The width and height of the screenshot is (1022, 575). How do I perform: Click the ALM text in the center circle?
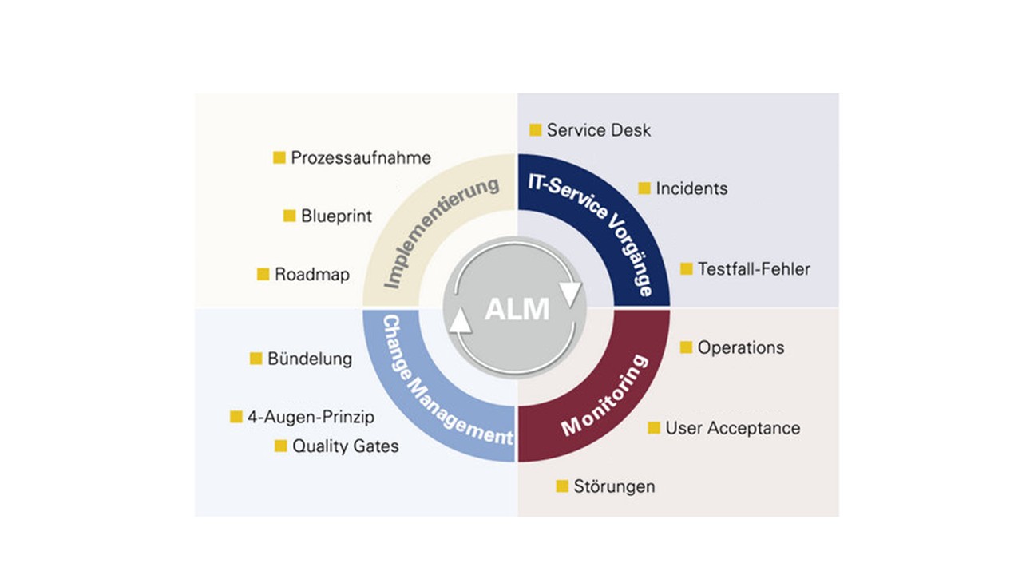point(517,308)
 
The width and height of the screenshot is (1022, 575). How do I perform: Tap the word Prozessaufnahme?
point(361,157)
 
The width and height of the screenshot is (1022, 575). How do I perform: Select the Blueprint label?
point(336,216)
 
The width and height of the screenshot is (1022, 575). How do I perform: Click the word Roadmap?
point(312,274)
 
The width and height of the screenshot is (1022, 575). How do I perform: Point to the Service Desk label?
point(599,129)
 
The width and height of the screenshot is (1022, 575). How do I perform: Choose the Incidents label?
point(691,188)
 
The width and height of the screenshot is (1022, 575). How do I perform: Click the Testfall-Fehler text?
point(754,268)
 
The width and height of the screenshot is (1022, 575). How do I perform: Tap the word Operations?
point(741,347)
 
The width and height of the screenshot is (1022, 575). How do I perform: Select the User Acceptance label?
point(732,428)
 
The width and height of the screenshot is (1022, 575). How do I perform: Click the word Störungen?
point(614,486)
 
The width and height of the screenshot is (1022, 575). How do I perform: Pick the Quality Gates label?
point(345,446)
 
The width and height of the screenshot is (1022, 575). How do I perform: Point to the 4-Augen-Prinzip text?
point(311,417)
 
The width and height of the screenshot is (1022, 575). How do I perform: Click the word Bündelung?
point(310,359)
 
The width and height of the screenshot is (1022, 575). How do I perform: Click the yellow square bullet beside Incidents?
point(644,188)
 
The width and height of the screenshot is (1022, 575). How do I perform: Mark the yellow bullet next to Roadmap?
point(263,274)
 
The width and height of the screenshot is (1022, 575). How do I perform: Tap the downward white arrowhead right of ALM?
point(570,293)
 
